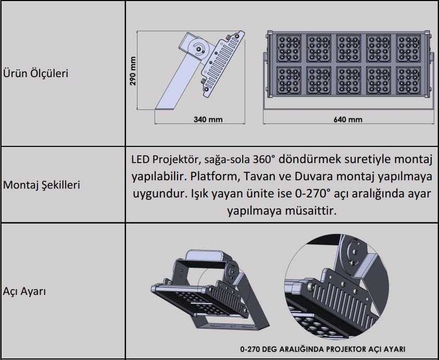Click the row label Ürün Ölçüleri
click(x=35, y=73)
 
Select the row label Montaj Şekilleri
click(x=42, y=185)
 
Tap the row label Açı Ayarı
click(x=24, y=291)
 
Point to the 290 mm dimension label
click(x=133, y=71)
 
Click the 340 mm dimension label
click(x=208, y=120)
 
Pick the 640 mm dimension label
click(x=348, y=120)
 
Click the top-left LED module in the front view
click(x=289, y=48)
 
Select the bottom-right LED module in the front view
click(x=408, y=80)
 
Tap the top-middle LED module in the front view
click(x=348, y=48)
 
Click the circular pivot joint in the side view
click(x=199, y=49)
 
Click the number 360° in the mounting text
click(x=264, y=159)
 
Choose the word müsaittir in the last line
click(x=311, y=210)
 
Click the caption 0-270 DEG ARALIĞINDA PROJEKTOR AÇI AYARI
click(x=322, y=350)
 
